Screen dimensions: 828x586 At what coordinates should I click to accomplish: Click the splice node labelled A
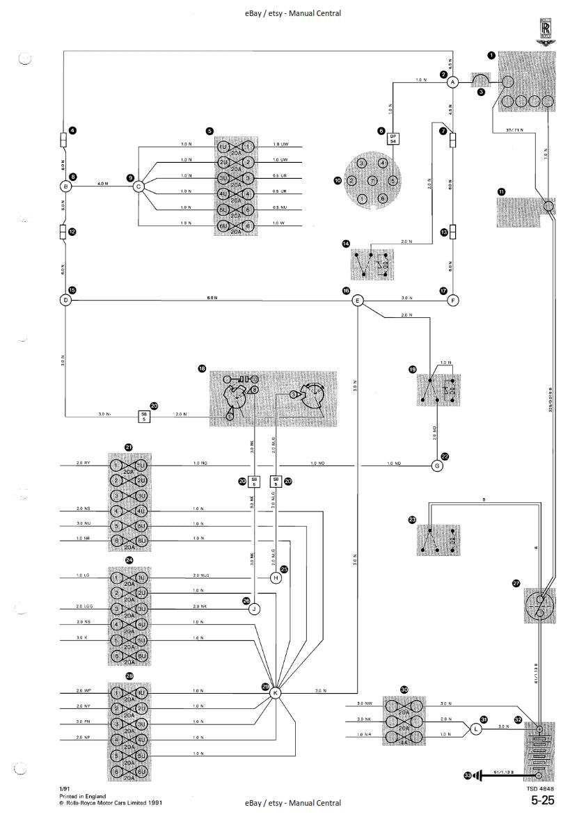(x=452, y=82)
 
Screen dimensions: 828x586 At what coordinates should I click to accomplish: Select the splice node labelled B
(x=66, y=186)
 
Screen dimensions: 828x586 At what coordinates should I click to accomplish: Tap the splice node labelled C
(x=138, y=186)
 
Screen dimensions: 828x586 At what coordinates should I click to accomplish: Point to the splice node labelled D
(x=65, y=301)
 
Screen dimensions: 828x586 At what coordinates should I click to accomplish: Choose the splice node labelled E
(x=357, y=301)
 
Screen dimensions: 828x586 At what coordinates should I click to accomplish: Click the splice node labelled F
(x=452, y=301)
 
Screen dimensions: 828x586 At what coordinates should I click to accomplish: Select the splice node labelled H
(x=276, y=578)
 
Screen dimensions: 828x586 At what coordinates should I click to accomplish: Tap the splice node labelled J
(x=255, y=608)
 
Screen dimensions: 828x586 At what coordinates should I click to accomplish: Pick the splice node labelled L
(x=475, y=729)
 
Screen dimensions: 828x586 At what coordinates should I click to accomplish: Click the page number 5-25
(x=543, y=801)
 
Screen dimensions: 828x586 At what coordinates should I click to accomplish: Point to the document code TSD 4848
(x=541, y=788)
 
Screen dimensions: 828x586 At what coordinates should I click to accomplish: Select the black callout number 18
(x=202, y=367)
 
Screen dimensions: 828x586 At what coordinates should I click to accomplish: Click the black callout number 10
(x=338, y=180)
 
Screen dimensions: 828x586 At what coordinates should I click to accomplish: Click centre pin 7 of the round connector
(x=372, y=181)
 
